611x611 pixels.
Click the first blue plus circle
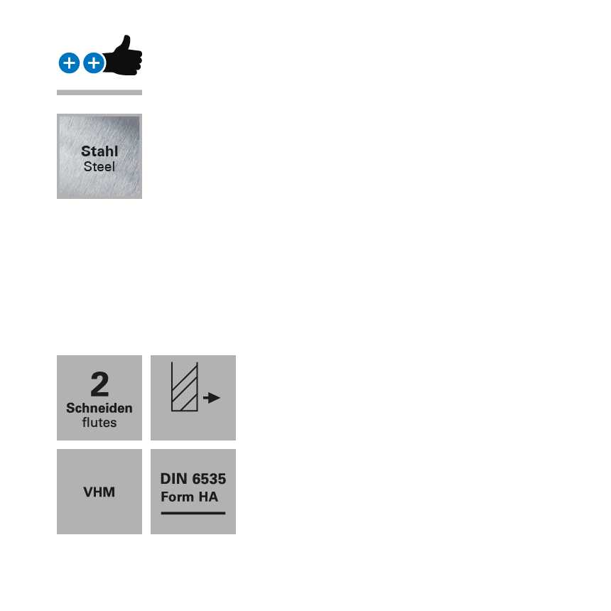pyautogui.click(x=69, y=63)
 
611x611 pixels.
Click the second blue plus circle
pyautogui.click(x=94, y=63)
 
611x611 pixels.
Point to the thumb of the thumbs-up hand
pyautogui.click(x=126, y=41)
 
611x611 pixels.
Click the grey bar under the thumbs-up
pyautogui.click(x=99, y=92)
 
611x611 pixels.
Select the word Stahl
pyautogui.click(x=99, y=151)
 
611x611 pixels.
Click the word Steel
pyautogui.click(x=99, y=167)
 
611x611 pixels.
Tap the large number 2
pyautogui.click(x=99, y=385)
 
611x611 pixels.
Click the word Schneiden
pyautogui.click(x=99, y=409)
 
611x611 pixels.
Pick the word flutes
pyautogui.click(x=99, y=423)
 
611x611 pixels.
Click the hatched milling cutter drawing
pyautogui.click(x=184, y=389)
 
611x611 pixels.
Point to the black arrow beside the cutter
pyautogui.click(x=212, y=398)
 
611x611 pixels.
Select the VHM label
pyautogui.click(x=99, y=492)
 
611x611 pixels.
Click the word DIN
pyautogui.click(x=174, y=479)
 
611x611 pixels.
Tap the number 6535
pyautogui.click(x=209, y=479)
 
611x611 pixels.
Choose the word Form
pyautogui.click(x=178, y=497)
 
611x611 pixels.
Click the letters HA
pyautogui.click(x=208, y=497)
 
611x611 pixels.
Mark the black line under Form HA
pyautogui.click(x=193, y=513)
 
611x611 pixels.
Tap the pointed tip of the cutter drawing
pyautogui.click(x=195, y=364)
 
